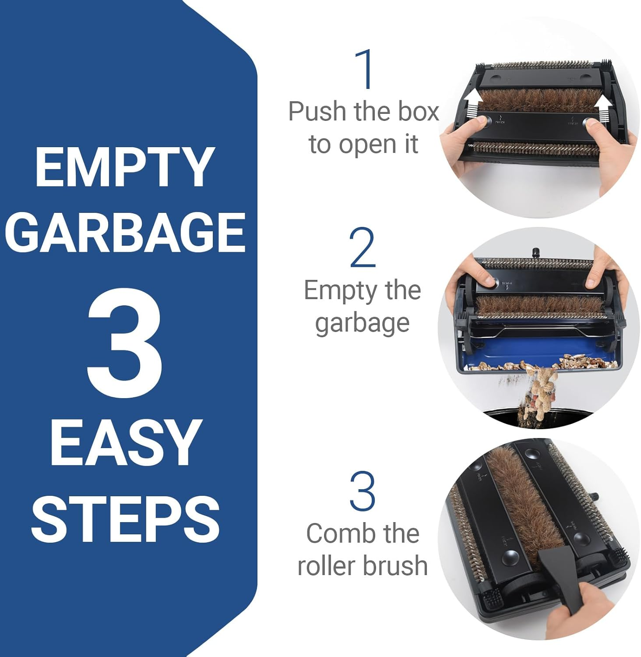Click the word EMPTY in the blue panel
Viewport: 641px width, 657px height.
pyautogui.click(x=125, y=167)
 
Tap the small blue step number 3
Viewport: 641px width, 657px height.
pyautogui.click(x=363, y=491)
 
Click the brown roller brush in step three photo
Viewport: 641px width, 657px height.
pyautogui.click(x=512, y=504)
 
